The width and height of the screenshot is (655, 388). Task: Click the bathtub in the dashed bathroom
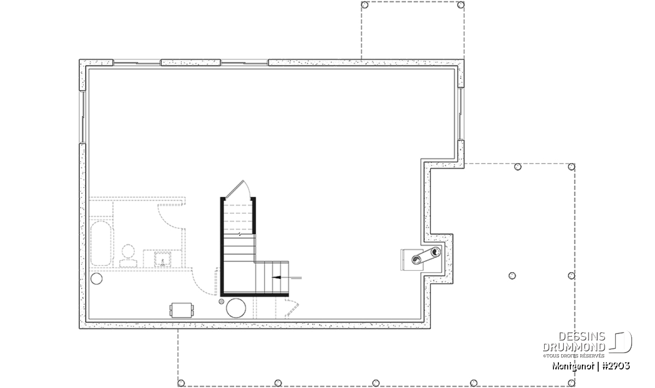point(102,243)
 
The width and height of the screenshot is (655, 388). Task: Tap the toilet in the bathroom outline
point(128,256)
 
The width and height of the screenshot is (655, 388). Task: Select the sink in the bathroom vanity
point(163,259)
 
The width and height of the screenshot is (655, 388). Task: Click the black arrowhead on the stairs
point(277,277)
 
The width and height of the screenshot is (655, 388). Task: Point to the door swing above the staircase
point(237,189)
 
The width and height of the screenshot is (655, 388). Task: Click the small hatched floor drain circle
point(222,301)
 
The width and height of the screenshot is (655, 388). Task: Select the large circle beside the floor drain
point(236,308)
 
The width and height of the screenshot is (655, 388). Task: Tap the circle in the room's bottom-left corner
point(97,279)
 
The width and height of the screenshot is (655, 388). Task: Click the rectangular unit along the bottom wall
point(181,310)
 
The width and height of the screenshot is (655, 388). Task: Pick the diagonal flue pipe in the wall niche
point(426,256)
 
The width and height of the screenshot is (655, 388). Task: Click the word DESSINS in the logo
point(582,337)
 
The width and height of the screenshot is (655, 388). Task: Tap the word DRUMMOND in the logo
point(574,347)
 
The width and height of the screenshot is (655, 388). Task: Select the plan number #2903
point(616,366)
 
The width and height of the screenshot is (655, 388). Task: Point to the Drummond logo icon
point(621,342)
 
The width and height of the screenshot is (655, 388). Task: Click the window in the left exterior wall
point(82,117)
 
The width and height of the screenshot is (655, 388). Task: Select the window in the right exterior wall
point(461,114)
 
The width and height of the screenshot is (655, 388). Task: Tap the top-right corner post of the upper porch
point(461,5)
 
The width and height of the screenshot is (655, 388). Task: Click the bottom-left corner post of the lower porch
point(181,383)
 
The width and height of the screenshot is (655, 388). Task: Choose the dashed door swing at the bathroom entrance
point(171,217)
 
